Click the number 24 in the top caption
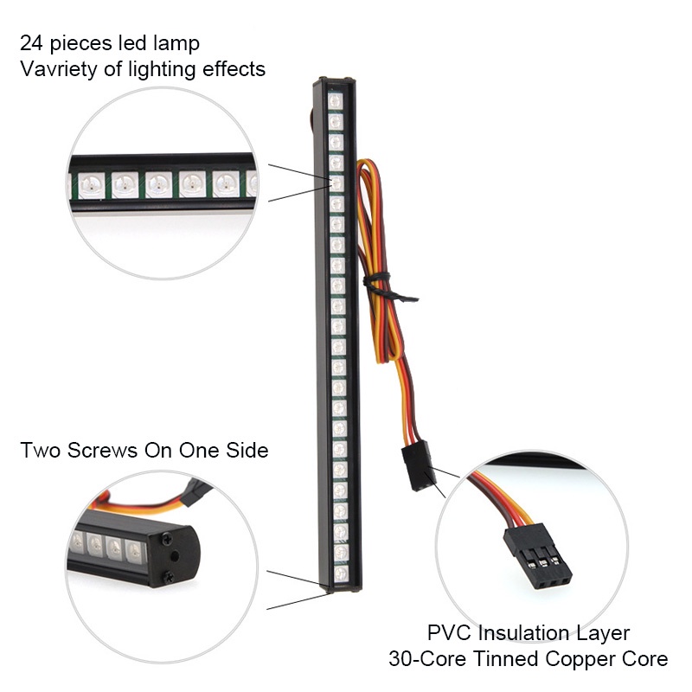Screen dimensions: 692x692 (x=31, y=43)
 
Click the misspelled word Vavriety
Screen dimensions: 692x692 (x=58, y=70)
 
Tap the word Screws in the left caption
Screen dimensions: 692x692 (x=102, y=450)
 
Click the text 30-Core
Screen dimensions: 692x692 (x=427, y=659)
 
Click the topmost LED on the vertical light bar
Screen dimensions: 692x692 (x=336, y=101)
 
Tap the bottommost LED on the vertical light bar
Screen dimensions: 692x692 (x=341, y=573)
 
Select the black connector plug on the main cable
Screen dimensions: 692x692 (x=419, y=466)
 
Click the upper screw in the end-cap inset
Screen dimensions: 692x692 (x=167, y=539)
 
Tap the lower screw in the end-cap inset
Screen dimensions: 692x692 (x=168, y=576)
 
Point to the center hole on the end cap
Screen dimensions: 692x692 (x=175, y=557)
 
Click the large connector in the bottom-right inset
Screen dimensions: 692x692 (x=538, y=555)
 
